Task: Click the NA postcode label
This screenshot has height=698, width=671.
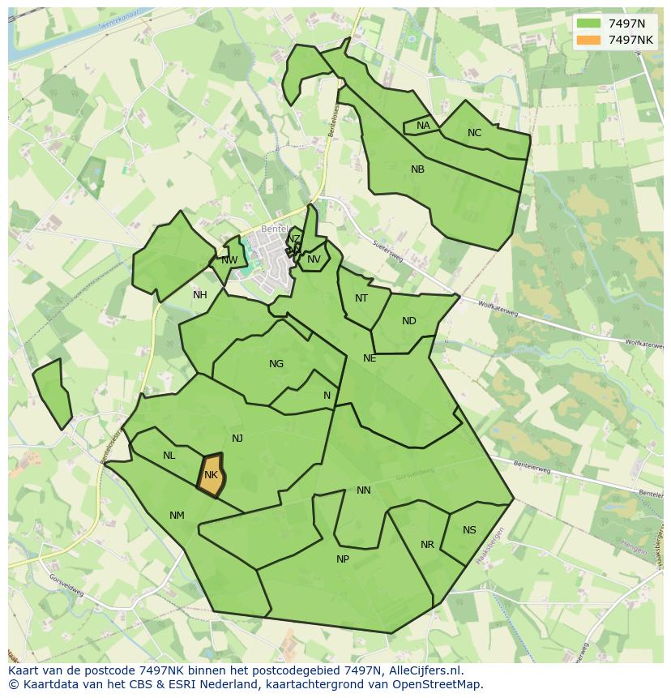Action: click(423, 126)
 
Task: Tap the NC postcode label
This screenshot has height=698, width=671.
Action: click(474, 133)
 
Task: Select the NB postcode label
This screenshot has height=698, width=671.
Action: click(417, 169)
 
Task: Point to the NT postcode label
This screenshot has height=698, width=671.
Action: click(361, 298)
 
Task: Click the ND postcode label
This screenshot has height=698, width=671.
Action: click(409, 321)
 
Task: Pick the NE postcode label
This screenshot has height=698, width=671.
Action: click(370, 358)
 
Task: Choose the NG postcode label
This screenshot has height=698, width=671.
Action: click(276, 364)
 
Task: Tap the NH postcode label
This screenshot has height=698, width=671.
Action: click(200, 295)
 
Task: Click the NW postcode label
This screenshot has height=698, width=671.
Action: click(229, 260)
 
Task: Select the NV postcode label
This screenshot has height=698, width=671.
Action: click(314, 259)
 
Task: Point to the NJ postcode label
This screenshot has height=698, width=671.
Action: click(237, 439)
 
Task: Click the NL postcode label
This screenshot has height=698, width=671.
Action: click(169, 456)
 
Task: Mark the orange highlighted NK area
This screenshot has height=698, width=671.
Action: click(212, 474)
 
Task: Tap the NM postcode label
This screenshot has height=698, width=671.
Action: click(177, 516)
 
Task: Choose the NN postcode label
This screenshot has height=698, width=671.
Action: click(364, 490)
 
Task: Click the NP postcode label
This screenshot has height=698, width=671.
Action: click(343, 559)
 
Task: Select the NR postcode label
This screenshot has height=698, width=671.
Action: click(427, 545)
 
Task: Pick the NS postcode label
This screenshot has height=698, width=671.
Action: click(469, 530)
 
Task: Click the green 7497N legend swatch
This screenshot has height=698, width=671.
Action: click(588, 24)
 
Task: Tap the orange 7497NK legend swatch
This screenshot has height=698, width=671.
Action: click(588, 40)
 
